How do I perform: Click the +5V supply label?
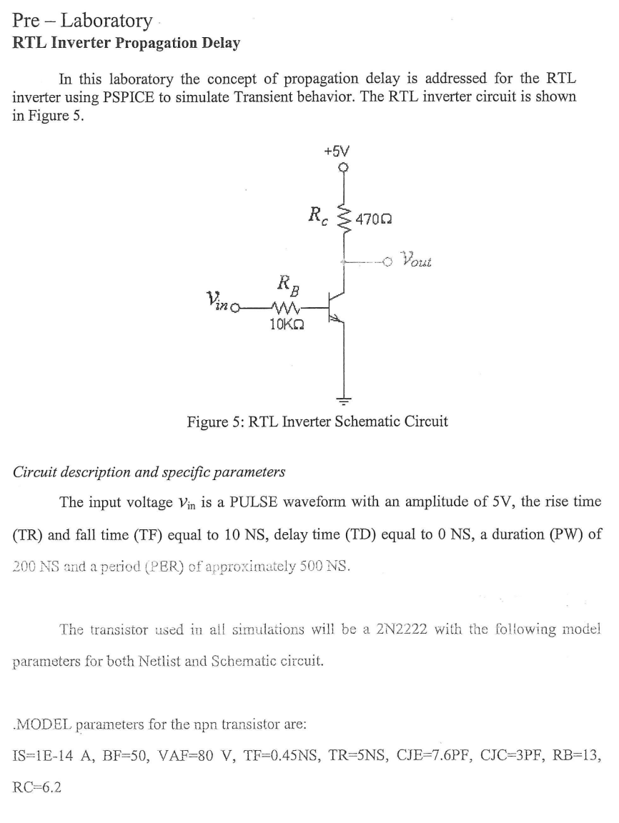click(x=336, y=151)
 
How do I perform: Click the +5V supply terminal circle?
click(x=345, y=169)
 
